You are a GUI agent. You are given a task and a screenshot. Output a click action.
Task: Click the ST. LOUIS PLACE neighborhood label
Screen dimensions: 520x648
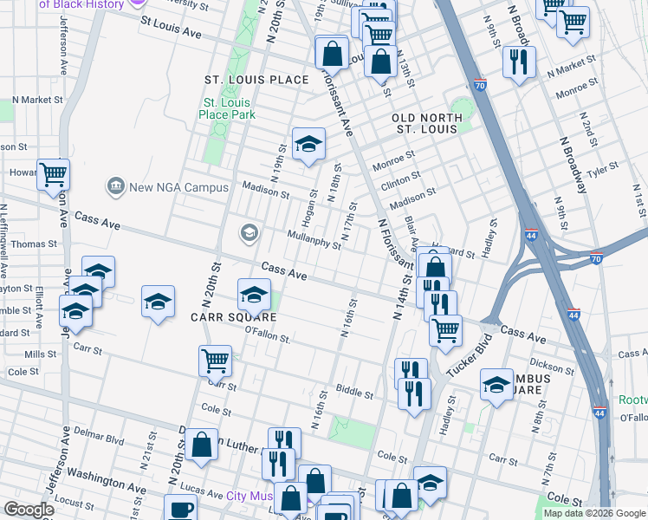(256, 80)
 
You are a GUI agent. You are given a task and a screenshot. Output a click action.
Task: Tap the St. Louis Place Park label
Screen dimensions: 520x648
(226, 108)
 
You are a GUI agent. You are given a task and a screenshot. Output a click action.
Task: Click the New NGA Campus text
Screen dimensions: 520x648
(178, 187)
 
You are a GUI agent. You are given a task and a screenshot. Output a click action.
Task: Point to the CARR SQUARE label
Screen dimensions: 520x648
(220, 317)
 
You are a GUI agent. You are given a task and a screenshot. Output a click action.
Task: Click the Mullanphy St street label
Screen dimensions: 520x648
(314, 239)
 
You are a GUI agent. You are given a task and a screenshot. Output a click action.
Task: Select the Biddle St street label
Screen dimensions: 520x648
(354, 393)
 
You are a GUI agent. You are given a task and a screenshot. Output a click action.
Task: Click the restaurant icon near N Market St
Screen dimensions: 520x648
(519, 61)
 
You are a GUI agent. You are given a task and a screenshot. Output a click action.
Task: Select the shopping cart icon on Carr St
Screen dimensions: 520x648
(215, 360)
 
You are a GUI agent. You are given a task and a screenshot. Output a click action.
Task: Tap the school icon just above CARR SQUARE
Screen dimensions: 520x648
(254, 295)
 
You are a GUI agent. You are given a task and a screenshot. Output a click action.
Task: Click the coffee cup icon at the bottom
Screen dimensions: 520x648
(182, 510)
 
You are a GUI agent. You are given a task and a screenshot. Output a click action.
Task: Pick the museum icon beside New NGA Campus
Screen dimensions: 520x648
(115, 187)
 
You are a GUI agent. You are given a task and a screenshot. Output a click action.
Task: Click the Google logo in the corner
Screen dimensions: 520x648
(29, 510)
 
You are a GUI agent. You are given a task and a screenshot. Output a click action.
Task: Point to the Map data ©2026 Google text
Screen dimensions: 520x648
(593, 513)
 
